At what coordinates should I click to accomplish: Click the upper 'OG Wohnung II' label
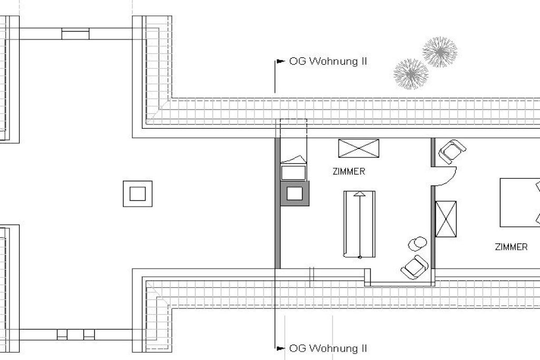point(328,61)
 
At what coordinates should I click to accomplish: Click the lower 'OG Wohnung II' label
point(328,348)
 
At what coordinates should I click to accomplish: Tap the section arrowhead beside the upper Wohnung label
point(281,62)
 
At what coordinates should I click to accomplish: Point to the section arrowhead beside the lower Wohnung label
point(281,348)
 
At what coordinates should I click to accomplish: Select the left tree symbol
point(411,74)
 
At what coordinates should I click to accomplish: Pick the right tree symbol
point(440,52)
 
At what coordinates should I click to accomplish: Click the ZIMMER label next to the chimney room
point(349,171)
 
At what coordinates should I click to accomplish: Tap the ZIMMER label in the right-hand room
point(511,247)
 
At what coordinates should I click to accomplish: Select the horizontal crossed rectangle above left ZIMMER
point(359,148)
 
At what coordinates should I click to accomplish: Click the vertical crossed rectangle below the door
point(446,219)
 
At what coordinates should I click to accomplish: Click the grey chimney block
point(295,193)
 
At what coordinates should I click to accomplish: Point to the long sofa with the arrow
point(360,224)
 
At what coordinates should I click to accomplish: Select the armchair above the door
point(451,151)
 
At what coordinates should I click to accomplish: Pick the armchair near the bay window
point(414,267)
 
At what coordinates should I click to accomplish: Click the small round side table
point(417,244)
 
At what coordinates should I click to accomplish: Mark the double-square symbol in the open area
point(138,194)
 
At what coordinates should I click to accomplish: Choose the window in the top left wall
point(75,34)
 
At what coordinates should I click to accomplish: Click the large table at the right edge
point(520,202)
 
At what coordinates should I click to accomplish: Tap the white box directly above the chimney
point(293,173)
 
